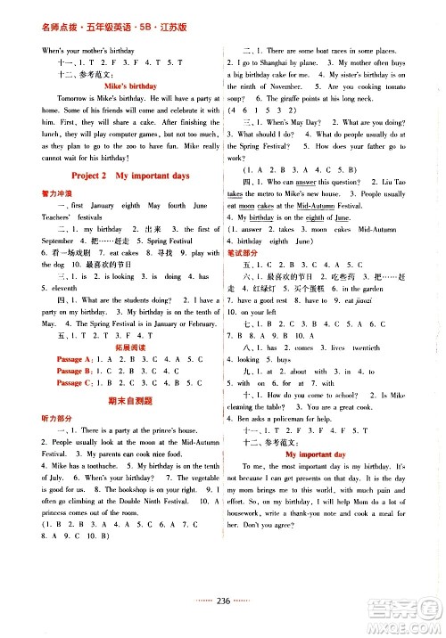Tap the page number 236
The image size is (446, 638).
coord(224,625)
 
